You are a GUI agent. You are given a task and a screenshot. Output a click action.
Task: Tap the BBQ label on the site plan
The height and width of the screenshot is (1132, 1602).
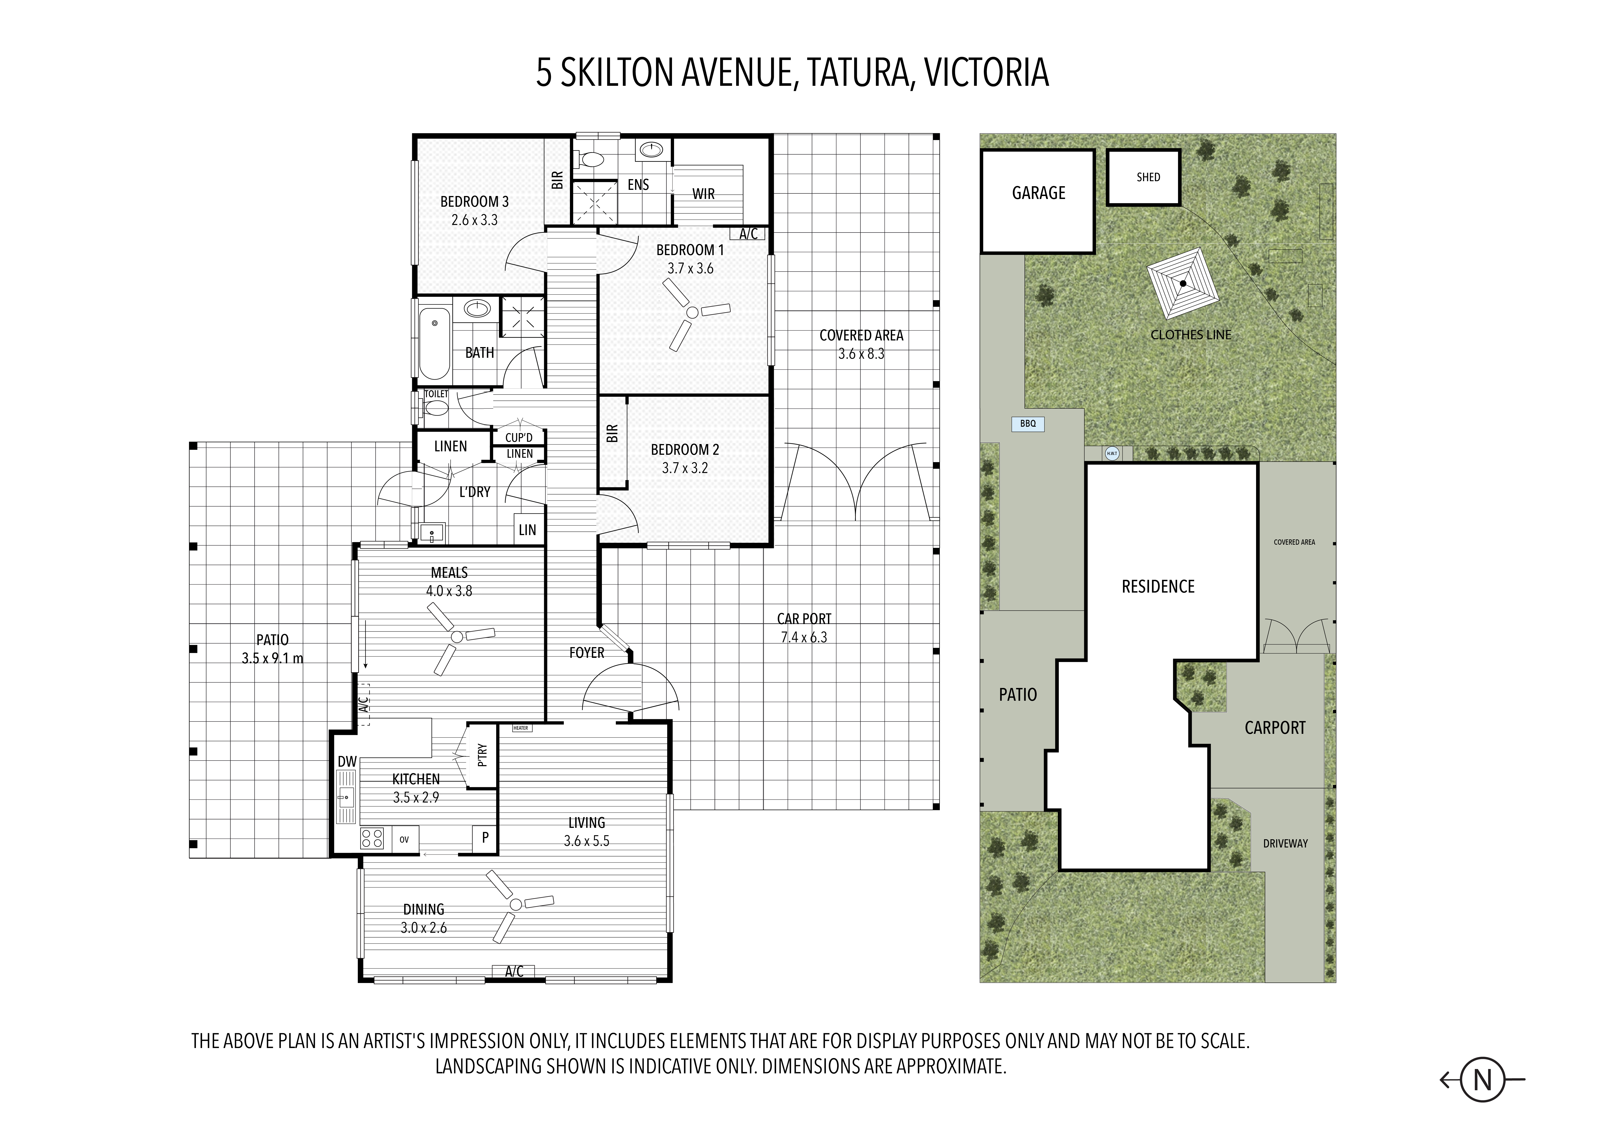[1028, 423]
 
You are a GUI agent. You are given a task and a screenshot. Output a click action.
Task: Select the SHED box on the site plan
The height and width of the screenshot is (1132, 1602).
[1144, 177]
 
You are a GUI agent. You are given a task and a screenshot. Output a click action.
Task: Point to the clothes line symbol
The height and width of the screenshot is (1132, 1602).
[1183, 283]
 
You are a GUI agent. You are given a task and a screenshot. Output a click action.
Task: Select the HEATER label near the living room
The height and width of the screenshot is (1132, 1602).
[521, 728]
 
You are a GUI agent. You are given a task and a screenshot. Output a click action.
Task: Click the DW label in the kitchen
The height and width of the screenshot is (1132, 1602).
[347, 762]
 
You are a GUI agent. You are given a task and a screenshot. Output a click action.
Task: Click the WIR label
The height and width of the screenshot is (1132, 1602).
[703, 194]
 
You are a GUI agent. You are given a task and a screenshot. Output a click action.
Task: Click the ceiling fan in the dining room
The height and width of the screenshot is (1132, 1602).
[516, 905]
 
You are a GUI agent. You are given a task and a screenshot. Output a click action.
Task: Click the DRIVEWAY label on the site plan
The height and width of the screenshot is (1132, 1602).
[1285, 843]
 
